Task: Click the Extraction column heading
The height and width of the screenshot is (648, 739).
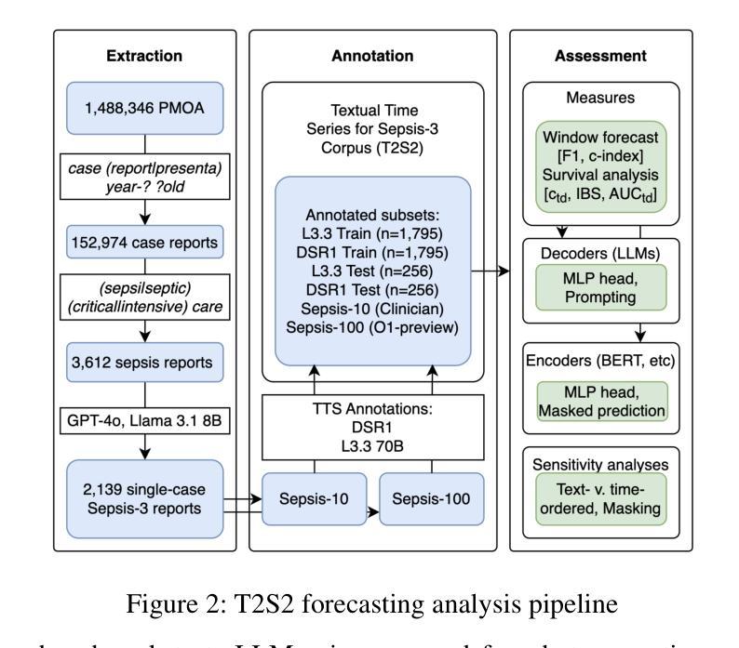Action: (143, 56)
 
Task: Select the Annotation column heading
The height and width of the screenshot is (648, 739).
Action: (372, 56)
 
